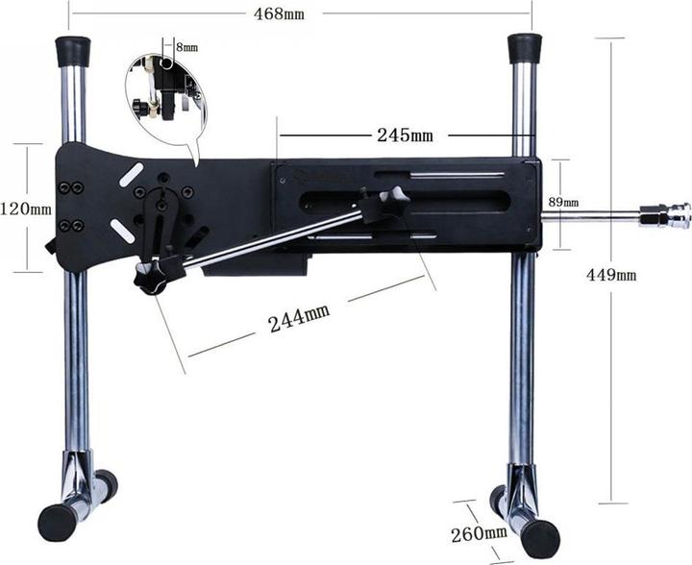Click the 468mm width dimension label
click(282, 13)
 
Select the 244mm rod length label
click(298, 318)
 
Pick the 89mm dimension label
click(563, 202)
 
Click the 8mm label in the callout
click(186, 47)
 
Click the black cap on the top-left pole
click(72, 50)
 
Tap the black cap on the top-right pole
click(524, 48)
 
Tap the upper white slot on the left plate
click(132, 175)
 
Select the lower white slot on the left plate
click(122, 231)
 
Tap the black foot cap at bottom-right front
click(539, 539)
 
